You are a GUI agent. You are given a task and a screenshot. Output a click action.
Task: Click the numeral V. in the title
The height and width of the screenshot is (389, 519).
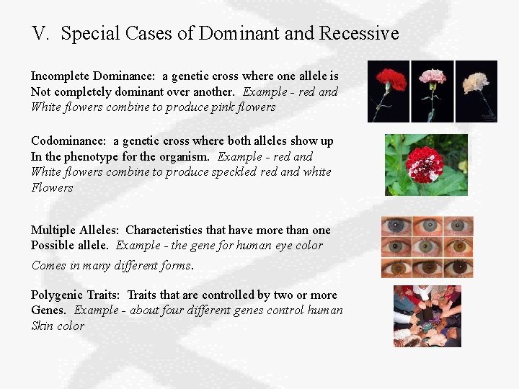tap(42, 33)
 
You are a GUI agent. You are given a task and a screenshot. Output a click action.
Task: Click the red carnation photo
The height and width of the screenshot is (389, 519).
tap(389, 91)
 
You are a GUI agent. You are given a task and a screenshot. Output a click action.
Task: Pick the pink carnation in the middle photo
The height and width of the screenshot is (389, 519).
tap(432, 91)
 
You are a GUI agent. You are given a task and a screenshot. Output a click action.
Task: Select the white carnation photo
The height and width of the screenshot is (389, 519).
tap(476, 91)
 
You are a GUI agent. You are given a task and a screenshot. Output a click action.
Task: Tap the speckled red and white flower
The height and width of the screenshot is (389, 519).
tap(425, 164)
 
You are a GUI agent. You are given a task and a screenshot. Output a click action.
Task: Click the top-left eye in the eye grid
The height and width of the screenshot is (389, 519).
tap(396, 226)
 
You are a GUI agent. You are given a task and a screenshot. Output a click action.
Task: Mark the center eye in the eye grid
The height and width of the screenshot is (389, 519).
tap(427, 247)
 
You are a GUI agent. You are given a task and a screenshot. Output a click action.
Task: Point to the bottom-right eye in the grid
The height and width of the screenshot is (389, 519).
tap(458, 268)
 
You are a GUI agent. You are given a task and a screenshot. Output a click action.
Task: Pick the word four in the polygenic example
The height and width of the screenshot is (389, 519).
tap(156, 310)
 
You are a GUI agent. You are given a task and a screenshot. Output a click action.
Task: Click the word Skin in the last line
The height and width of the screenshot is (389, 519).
tap(42, 326)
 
